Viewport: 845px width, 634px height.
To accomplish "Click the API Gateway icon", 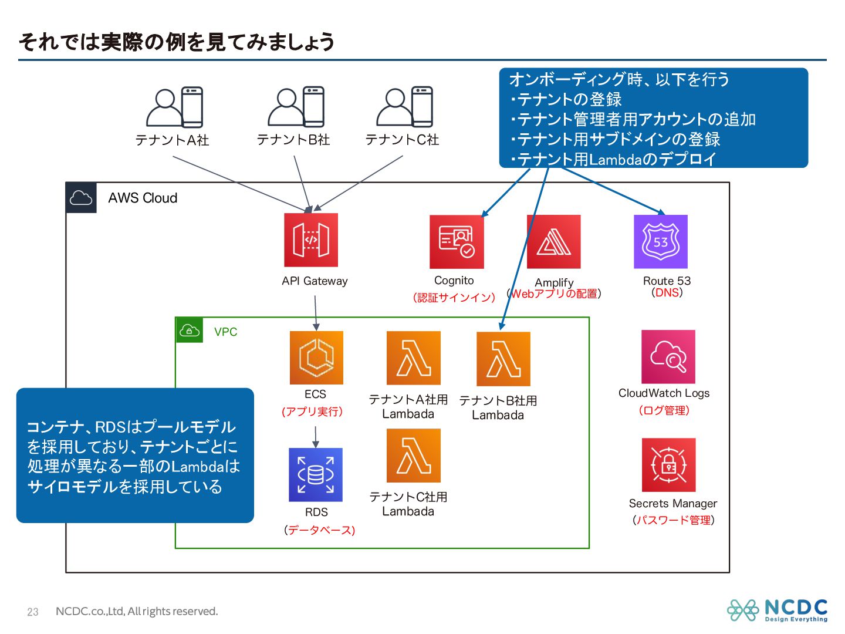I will point(311,240).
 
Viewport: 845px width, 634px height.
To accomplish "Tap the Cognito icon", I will point(457,242).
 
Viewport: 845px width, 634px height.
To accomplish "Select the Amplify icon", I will point(554,242).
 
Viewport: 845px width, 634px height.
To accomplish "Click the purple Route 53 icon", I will point(661,242).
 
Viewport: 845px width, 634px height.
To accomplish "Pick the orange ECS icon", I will point(316,358).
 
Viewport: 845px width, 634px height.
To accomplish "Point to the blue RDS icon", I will point(316,475).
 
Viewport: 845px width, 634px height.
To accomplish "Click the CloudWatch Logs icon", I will point(668,357).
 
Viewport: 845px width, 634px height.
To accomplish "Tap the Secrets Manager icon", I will point(669,465).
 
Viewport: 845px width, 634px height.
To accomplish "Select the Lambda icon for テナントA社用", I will point(414,358).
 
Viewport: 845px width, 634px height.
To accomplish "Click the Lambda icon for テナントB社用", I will point(503,359).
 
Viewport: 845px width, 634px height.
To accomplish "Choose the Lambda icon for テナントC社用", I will point(414,456).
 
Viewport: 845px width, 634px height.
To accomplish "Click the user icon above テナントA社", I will point(174,107).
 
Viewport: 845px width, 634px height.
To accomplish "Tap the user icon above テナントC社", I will point(404,107).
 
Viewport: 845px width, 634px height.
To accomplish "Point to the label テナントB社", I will point(293,140).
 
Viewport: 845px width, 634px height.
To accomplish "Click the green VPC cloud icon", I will point(189,331).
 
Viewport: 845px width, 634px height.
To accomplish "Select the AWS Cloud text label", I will point(143,198).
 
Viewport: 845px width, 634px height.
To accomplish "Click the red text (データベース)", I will point(320,530).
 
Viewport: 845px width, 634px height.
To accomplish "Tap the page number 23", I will point(33,612).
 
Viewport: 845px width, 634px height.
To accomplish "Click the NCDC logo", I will point(778,610).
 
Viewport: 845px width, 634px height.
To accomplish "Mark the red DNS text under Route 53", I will point(667,292).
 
